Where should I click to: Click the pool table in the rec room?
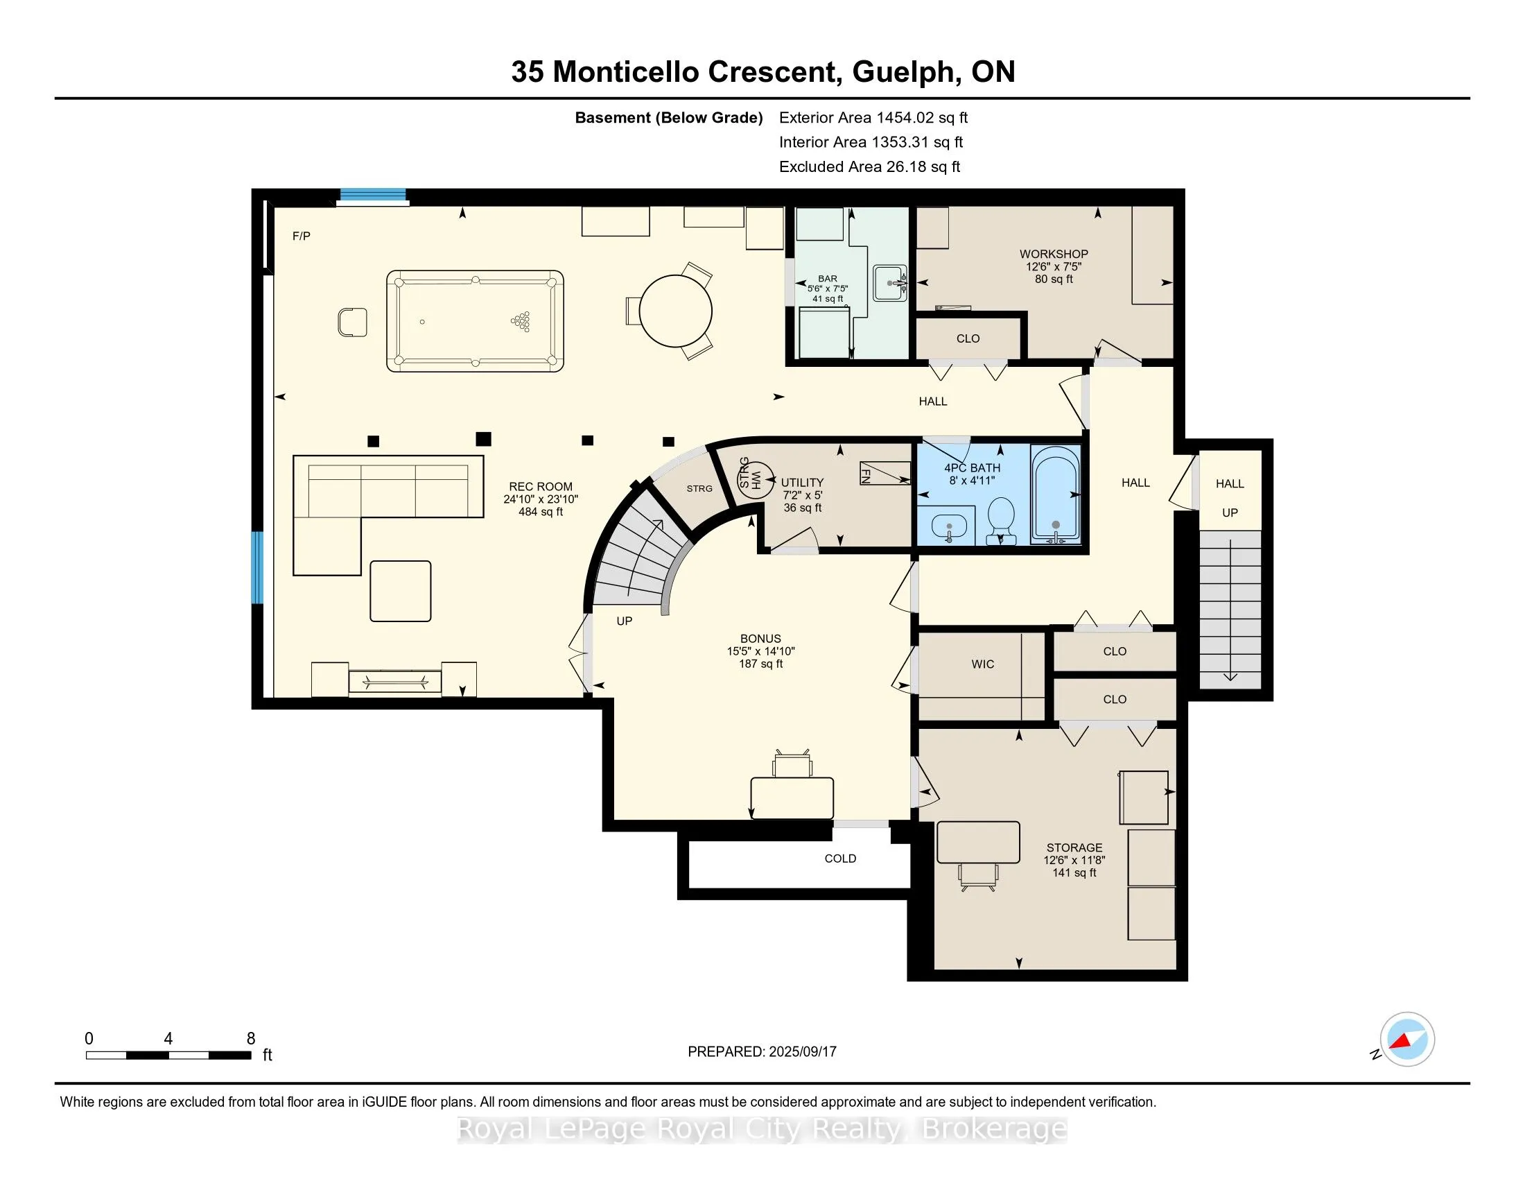pos(475,320)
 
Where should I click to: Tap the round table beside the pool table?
pos(675,311)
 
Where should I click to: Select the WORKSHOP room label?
pos(1054,254)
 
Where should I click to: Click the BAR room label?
pos(828,279)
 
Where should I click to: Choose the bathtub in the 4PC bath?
pos(1056,494)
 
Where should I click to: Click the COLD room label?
pos(840,859)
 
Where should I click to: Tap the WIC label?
pos(982,664)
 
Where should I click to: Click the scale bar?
pos(168,1055)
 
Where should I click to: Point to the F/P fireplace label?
pos(302,236)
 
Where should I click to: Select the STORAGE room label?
pos(1074,847)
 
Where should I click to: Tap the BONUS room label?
pos(760,638)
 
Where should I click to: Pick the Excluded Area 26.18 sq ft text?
pos(870,167)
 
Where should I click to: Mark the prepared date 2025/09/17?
pos(801,1052)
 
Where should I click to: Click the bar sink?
pos(889,283)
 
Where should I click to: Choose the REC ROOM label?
pos(541,487)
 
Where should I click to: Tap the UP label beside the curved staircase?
pos(625,621)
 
